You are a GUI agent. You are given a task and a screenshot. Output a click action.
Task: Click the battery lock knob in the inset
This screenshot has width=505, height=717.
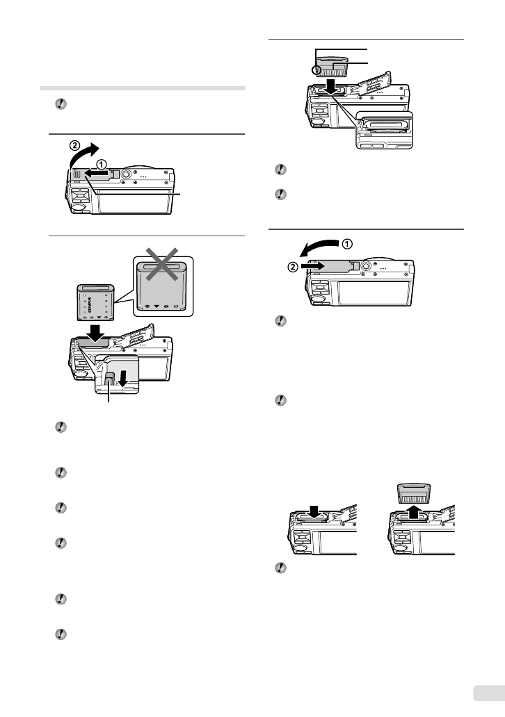[x=111, y=379]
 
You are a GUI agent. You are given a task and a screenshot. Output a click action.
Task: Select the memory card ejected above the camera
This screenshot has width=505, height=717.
[x=415, y=495]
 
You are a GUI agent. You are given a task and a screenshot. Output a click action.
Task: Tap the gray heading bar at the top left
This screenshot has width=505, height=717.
[x=142, y=88]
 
